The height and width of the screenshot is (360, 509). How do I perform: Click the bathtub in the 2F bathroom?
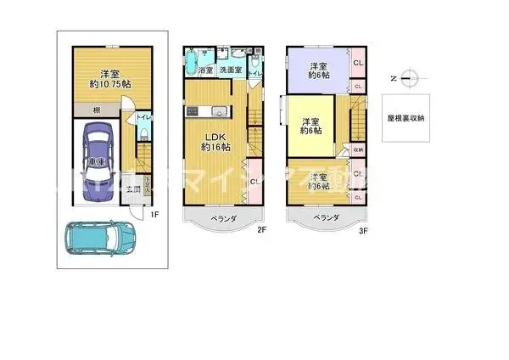tap(192, 63)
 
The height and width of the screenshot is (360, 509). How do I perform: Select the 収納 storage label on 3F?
tap(358, 150)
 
